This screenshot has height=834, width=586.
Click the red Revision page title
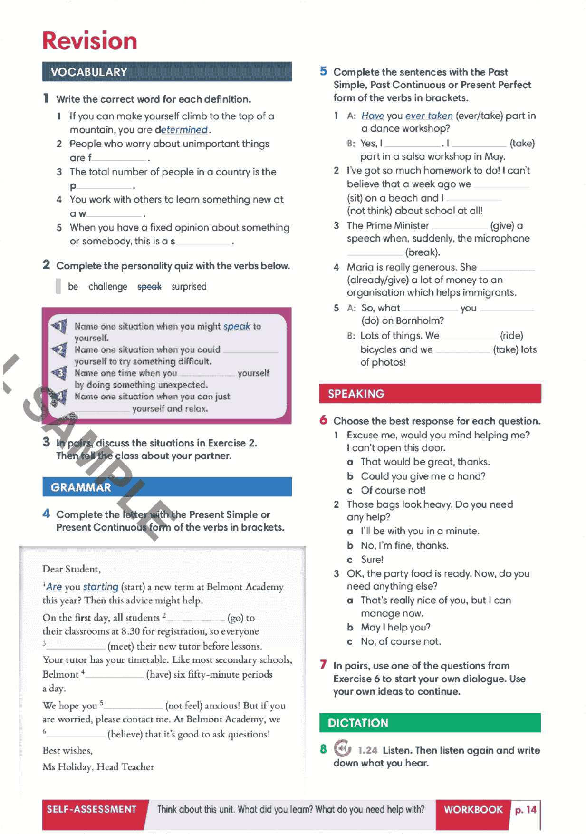[89, 41]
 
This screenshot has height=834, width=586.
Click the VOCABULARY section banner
[166, 72]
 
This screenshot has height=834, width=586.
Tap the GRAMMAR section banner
[166, 487]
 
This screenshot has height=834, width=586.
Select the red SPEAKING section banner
[430, 394]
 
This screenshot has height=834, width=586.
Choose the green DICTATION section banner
[430, 723]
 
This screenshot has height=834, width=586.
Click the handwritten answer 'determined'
[184, 130]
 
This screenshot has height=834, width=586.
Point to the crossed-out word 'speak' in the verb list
[149, 287]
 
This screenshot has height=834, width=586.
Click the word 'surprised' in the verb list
[189, 287]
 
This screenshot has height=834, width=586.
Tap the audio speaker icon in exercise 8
[342, 749]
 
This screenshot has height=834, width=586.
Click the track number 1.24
[367, 750]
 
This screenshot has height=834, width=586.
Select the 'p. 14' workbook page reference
[525, 810]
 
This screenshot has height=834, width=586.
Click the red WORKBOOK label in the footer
[473, 810]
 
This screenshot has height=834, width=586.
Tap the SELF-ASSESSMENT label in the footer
[92, 809]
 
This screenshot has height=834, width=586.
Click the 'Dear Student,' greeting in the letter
[71, 569]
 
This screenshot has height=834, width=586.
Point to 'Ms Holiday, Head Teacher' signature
[98, 766]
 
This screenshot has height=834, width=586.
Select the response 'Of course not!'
[393, 490]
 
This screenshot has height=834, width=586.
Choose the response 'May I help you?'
[395, 627]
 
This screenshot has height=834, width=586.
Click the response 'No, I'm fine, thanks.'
[404, 545]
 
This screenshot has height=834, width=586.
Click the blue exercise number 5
[323, 71]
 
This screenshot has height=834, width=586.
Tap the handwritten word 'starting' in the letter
[101, 587]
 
